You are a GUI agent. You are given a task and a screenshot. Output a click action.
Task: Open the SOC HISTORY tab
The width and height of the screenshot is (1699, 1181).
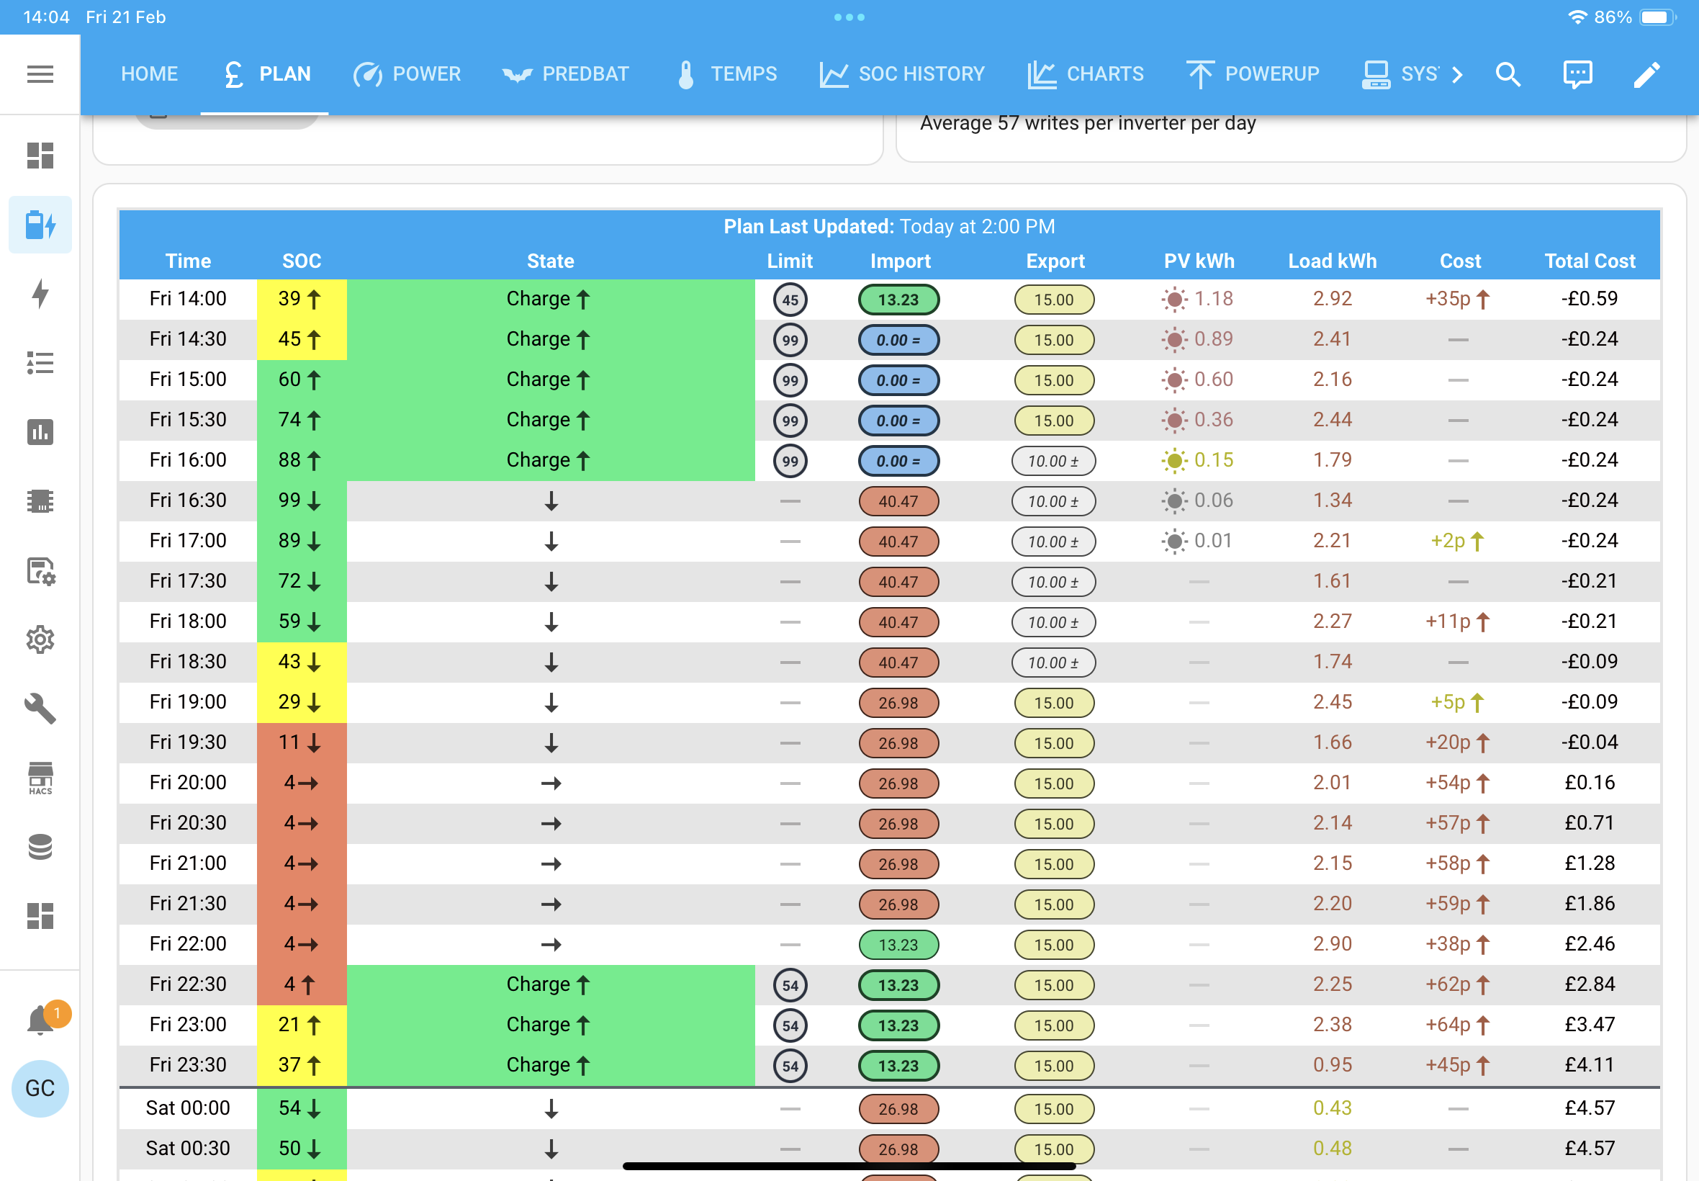tap(901, 74)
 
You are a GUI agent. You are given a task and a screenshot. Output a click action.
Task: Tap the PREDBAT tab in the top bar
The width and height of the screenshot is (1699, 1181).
tap(565, 74)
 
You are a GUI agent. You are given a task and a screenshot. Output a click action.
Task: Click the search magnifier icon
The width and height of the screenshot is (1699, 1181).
tap(1508, 74)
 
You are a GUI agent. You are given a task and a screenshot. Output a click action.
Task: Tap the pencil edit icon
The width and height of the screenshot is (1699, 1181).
tap(1646, 74)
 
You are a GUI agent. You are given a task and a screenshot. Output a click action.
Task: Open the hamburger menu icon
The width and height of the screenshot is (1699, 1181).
tap(40, 74)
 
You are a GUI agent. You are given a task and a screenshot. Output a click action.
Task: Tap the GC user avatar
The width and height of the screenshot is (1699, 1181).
tap(40, 1088)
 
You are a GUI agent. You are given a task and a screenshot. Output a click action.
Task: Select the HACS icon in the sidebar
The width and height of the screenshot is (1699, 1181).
tap(40, 778)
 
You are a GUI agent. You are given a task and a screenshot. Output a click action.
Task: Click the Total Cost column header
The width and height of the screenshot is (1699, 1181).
tap(1590, 261)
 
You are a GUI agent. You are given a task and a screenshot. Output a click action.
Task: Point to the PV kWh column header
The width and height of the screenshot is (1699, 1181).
tap(1199, 261)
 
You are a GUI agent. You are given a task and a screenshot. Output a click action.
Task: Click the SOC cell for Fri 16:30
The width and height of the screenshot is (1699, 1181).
tap(301, 500)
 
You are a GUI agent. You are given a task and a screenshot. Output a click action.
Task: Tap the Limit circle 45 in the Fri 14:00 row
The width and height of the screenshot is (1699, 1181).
tap(790, 300)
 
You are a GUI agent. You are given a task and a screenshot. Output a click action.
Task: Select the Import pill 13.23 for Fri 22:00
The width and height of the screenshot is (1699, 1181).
tap(898, 945)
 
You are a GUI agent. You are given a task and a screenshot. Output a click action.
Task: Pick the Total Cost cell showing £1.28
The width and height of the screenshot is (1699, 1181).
tap(1590, 863)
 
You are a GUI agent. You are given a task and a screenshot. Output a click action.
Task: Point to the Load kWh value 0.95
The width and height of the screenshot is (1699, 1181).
tap(1332, 1065)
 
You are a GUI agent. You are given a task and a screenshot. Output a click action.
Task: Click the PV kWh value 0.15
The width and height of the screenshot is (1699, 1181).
tap(1213, 460)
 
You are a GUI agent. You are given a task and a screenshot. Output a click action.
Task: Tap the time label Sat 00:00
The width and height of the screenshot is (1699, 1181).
tap(188, 1108)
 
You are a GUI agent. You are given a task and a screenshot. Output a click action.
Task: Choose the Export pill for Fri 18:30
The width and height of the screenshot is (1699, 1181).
tap(1053, 663)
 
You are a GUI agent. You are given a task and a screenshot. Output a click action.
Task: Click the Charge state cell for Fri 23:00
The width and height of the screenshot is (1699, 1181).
tap(550, 1025)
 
